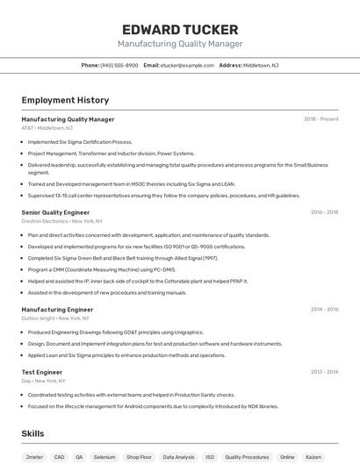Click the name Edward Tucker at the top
(x=179, y=29)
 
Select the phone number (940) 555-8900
(x=119, y=65)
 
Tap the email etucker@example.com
(x=187, y=65)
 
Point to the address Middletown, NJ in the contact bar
(x=261, y=65)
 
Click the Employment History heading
(x=65, y=100)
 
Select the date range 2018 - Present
(x=320, y=119)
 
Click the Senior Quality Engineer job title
(x=55, y=212)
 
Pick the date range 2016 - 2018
(x=324, y=212)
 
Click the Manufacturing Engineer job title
(x=57, y=310)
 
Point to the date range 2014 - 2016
(x=324, y=310)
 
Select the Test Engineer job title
(x=41, y=372)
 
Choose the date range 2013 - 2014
(x=324, y=372)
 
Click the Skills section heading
(x=32, y=434)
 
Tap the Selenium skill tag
(x=104, y=457)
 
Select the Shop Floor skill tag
(x=140, y=457)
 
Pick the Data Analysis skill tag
(x=178, y=457)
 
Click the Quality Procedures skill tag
(x=247, y=457)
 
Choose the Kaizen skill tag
(x=313, y=457)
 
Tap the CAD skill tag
(x=59, y=457)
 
